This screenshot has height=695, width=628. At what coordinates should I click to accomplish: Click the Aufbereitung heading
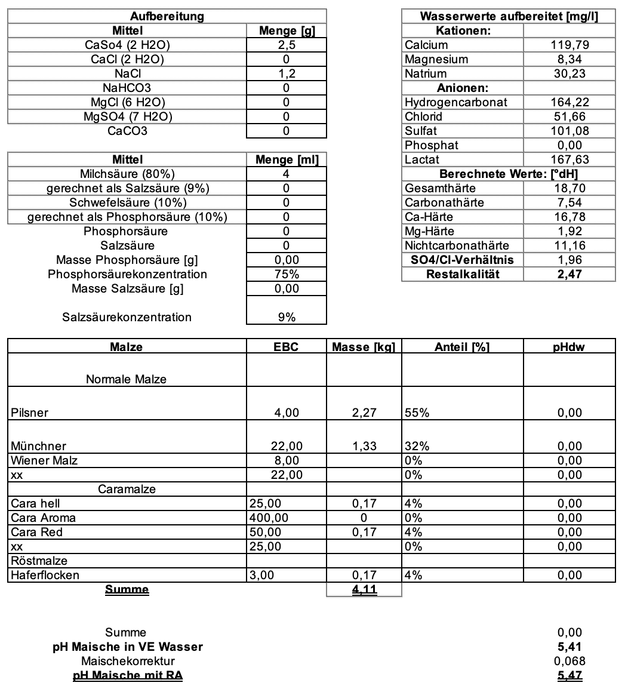click(167, 17)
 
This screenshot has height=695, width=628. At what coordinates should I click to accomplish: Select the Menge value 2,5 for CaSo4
click(286, 45)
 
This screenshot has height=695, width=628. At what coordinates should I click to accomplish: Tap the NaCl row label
click(128, 74)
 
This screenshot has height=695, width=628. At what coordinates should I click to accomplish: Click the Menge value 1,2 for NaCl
click(286, 74)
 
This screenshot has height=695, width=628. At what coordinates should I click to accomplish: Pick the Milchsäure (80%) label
click(128, 174)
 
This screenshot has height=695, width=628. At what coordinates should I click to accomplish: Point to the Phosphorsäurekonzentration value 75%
click(286, 274)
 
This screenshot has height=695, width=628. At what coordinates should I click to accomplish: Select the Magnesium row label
click(428, 60)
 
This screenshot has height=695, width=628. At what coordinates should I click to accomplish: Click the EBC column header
click(286, 347)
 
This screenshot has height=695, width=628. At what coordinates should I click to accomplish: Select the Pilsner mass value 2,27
click(364, 413)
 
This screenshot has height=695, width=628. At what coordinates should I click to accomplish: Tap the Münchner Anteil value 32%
click(412, 446)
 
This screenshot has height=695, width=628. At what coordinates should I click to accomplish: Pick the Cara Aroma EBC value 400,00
click(269, 518)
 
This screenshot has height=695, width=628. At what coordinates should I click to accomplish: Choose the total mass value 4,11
click(364, 590)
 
